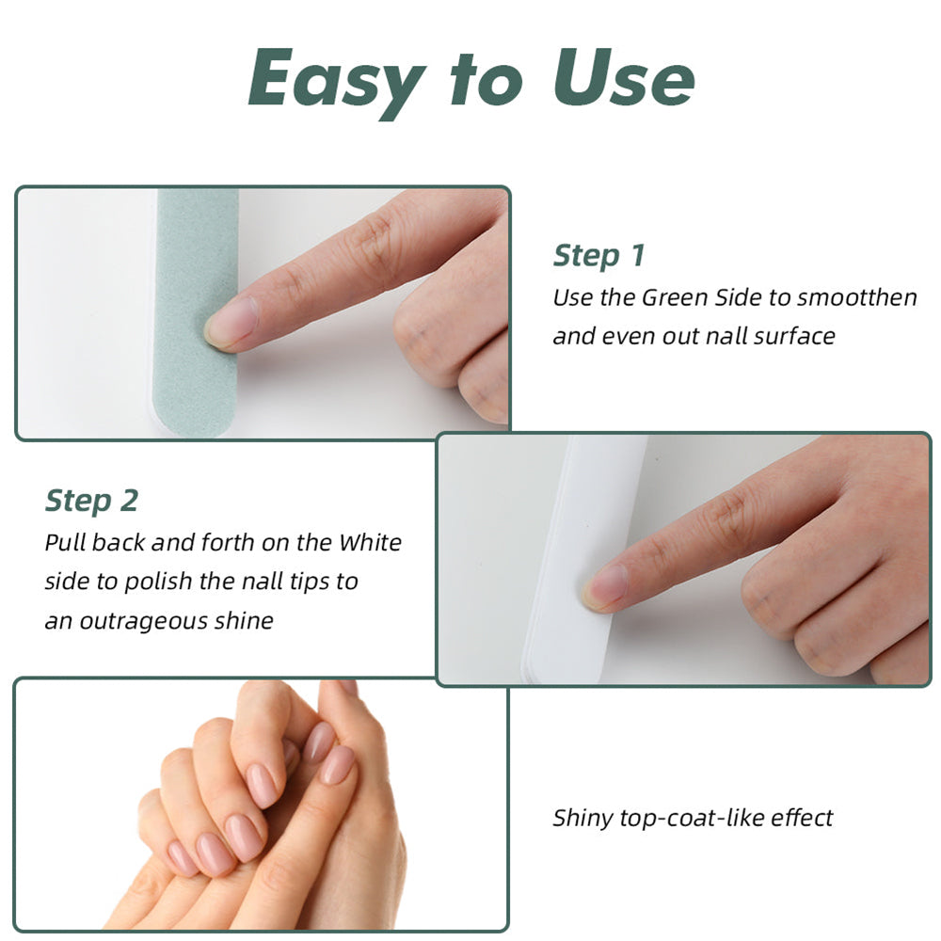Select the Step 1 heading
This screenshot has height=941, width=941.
pos(598,255)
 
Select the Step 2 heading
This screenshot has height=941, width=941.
pos(91,501)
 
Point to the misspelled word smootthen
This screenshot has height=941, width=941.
pos(856,298)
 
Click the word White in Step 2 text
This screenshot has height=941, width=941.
pos(370,543)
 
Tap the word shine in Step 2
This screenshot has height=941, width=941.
pos(243,622)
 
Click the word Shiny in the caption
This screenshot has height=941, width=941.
pos(582,818)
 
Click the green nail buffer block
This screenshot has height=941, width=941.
pos(193,311)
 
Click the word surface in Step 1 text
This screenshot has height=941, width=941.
pos(790,336)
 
